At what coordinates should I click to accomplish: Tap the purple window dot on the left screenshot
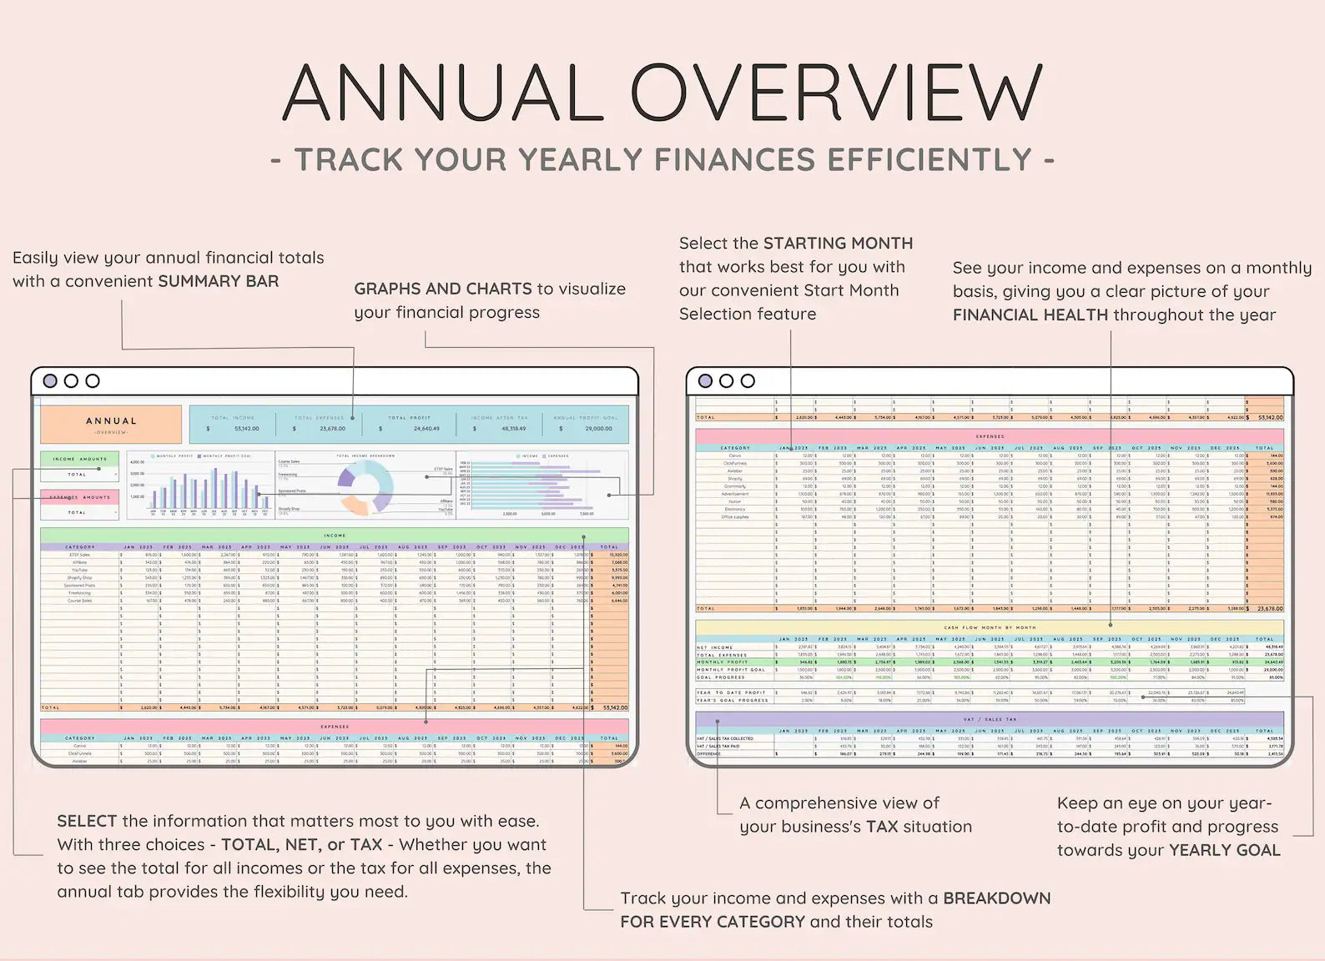point(50,381)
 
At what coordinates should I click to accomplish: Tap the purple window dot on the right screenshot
point(705,381)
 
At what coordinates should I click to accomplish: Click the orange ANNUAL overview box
point(111,424)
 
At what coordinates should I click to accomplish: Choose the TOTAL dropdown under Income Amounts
point(80,474)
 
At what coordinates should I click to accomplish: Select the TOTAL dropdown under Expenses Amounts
point(80,512)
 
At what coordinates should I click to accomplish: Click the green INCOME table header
point(335,536)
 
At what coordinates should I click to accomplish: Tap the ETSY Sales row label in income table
point(80,555)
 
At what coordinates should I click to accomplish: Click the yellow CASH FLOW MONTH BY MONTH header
point(990,627)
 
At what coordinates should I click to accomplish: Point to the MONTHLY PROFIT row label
point(723,662)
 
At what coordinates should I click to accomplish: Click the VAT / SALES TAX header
point(990,719)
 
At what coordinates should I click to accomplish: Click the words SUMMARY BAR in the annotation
point(219,281)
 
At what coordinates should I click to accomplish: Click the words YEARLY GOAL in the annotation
point(1224,850)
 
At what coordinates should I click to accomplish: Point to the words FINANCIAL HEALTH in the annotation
point(1030,315)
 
